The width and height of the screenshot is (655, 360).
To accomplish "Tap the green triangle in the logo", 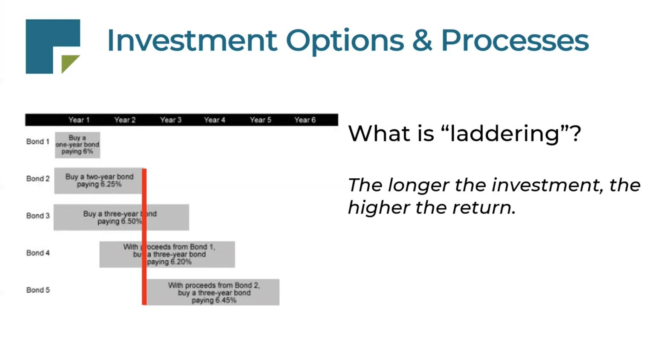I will coord(69,63).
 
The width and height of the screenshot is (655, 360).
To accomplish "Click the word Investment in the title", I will coord(191,41).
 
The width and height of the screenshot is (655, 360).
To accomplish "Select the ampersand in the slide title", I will coord(422,41).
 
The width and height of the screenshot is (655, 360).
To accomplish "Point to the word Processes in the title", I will coord(514,41).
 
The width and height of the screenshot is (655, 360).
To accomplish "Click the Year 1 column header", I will coord(79,120).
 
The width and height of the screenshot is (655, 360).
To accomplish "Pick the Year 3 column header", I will coord(171,120).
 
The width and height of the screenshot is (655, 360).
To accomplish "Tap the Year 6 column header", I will coord(305,120).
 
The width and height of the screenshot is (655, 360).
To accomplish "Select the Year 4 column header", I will coord(214,120).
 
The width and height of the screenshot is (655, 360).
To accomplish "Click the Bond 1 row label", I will coord(38,142).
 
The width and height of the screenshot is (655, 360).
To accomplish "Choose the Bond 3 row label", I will coord(38,216).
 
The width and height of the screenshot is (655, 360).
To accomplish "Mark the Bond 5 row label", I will coord(38,290).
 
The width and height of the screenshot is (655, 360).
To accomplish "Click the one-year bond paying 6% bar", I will coord(77,145).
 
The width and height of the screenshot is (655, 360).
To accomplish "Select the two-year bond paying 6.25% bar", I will coord(99,181).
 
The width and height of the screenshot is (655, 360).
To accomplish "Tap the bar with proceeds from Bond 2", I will coord(213,293).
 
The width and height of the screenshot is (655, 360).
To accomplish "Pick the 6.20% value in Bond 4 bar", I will coord(181,262).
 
